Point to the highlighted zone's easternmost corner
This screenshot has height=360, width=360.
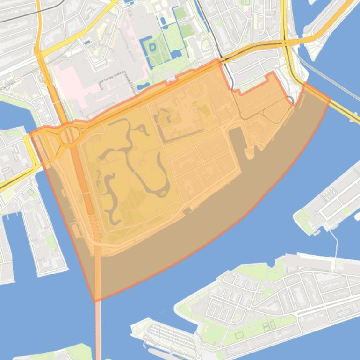tap(330, 99)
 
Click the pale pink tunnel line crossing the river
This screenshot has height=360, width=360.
tap(98, 332)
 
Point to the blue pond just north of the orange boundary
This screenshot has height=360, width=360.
tap(143, 86)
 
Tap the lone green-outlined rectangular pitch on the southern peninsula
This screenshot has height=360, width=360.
tap(239, 335)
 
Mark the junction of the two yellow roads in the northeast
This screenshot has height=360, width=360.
tap(286, 43)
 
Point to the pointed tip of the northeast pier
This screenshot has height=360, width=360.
tap(312, 58)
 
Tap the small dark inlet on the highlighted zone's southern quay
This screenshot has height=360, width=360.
tap(187, 211)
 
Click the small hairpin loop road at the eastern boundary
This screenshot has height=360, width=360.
tap(291, 99)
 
